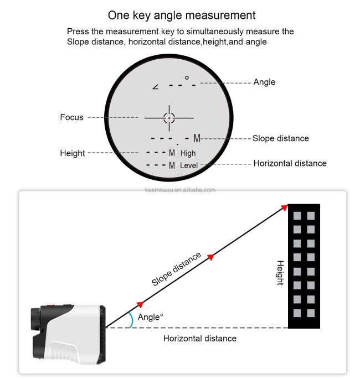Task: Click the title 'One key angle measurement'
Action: (x=182, y=15)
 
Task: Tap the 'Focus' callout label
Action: (x=71, y=117)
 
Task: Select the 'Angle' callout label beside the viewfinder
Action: (x=264, y=82)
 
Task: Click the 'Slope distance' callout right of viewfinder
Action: (x=281, y=138)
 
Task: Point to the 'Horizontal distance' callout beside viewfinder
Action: (x=290, y=163)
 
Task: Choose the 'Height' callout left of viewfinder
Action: (x=73, y=153)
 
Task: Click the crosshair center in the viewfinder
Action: (x=169, y=118)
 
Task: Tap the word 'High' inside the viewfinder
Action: (x=188, y=153)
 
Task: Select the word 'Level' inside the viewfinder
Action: (x=189, y=165)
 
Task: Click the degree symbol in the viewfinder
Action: (x=187, y=77)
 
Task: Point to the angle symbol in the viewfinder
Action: (x=156, y=86)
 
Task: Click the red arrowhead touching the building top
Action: (x=285, y=207)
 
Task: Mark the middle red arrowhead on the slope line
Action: (x=211, y=257)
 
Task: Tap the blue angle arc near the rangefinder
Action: (x=132, y=319)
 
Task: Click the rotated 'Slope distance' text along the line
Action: (x=176, y=269)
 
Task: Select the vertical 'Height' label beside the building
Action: (x=280, y=273)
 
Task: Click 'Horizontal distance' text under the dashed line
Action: (x=200, y=339)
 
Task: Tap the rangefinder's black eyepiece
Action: (x=35, y=319)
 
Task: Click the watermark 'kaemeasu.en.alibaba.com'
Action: (x=180, y=190)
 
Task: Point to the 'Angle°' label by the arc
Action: (x=150, y=317)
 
